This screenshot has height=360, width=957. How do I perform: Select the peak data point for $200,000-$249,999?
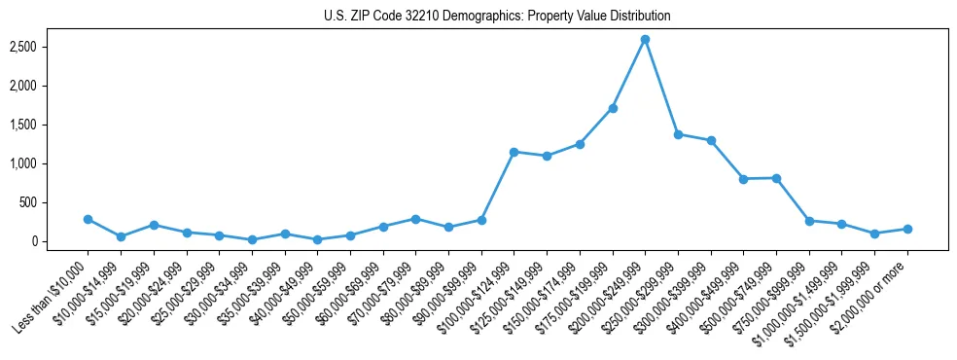point(645,39)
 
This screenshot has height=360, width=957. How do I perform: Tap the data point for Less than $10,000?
point(88,219)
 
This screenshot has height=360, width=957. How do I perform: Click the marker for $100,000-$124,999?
point(514,152)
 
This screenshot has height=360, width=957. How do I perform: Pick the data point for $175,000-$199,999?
point(613,108)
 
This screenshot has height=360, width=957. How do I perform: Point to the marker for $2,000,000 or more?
point(907,229)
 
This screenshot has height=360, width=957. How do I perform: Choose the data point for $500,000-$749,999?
point(776,178)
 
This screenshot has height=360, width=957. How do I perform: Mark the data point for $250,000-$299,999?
point(678,134)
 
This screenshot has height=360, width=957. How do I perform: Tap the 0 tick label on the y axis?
point(60,241)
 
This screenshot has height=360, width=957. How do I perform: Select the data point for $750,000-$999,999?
point(809,221)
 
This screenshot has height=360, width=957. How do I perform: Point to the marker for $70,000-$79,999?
point(415,219)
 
